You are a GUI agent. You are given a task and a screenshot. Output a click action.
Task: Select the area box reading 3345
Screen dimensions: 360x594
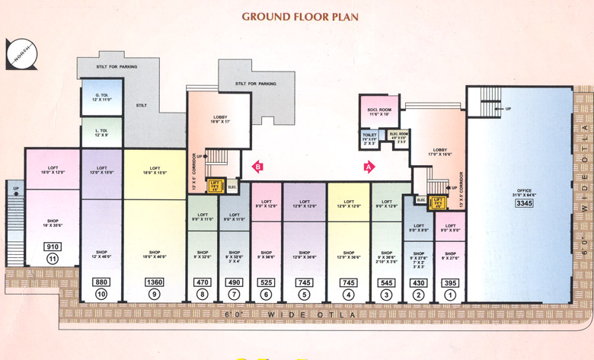[x=524, y=203]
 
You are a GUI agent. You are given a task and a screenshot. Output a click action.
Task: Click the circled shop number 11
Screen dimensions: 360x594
[x=53, y=260]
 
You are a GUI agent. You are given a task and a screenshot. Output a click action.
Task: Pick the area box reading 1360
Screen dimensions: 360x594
[x=155, y=282]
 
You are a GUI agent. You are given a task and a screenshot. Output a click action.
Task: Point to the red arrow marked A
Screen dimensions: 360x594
[x=369, y=166]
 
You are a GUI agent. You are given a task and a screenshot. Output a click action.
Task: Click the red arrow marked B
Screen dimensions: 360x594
[x=257, y=166]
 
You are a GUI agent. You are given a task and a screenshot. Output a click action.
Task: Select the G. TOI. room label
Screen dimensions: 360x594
[x=102, y=97]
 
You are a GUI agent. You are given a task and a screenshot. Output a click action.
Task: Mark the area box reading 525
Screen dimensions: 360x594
[x=266, y=282]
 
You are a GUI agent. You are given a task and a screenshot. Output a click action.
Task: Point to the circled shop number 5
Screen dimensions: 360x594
[x=305, y=295]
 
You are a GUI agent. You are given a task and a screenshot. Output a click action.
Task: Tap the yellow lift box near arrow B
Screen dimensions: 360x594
[x=215, y=186]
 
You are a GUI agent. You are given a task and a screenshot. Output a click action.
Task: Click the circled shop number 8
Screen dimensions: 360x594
[x=202, y=295]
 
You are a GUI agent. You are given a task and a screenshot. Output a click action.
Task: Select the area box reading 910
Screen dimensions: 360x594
[x=53, y=247]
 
